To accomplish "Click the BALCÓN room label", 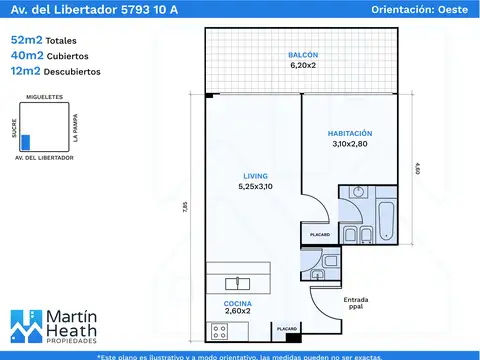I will point(303,53).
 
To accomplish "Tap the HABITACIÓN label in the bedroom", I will point(351,133).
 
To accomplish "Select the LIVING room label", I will point(255,175).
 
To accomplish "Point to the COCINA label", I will point(238,302).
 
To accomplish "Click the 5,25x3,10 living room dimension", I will point(255,186).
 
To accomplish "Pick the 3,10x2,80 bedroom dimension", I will point(351,144).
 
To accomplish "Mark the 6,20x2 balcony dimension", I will point(303,65).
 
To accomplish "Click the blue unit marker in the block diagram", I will point(26,142).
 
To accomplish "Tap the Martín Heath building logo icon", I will point(28,326).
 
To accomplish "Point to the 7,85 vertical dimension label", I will point(185,208).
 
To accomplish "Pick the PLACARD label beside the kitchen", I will point(287,327).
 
